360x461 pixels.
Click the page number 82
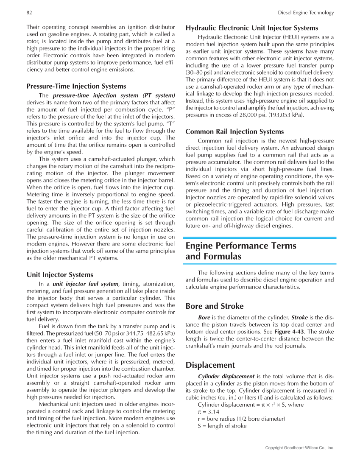[29, 13]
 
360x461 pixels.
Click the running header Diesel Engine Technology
[306, 13]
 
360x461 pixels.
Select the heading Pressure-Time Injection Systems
[76, 86]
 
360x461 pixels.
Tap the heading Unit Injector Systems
[60, 274]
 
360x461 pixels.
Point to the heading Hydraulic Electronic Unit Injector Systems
[252, 28]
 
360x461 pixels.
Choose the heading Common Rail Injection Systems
[234, 131]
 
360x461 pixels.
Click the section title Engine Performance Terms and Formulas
[241, 251]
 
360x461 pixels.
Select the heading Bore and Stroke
[215, 306]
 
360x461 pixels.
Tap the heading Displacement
[210, 365]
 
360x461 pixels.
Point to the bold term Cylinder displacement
[226, 376]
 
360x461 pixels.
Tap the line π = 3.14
[208, 411]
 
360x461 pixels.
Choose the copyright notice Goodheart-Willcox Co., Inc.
[299, 448]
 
